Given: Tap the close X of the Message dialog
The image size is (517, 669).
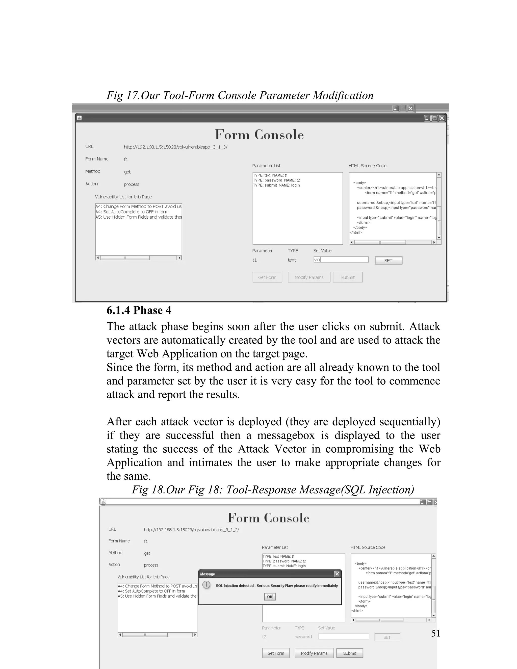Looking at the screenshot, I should (x=337, y=574).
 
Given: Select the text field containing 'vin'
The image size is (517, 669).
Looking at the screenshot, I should (x=341, y=260).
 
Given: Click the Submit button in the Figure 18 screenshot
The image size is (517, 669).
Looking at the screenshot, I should (x=349, y=653).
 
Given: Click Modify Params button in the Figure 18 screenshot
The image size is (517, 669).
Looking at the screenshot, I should (x=314, y=653).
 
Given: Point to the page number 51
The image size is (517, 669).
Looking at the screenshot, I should (x=435, y=633).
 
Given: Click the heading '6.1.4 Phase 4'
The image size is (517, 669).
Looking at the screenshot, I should (x=139, y=310).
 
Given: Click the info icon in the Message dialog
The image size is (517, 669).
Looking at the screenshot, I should (x=206, y=585).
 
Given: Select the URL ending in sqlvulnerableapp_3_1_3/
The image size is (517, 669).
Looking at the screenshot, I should (x=175, y=147).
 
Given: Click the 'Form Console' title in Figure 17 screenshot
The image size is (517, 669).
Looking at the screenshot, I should (x=259, y=135).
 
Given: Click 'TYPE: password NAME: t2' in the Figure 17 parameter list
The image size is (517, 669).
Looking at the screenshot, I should (x=276, y=180).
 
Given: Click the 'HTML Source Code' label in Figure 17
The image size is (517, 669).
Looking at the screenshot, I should (x=367, y=166).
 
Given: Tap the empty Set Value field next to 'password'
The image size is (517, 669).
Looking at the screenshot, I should (x=343, y=636).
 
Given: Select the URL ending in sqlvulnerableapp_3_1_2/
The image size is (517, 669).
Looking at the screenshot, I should (x=191, y=530).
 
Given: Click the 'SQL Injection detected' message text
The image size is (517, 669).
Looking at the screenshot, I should (x=277, y=585).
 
